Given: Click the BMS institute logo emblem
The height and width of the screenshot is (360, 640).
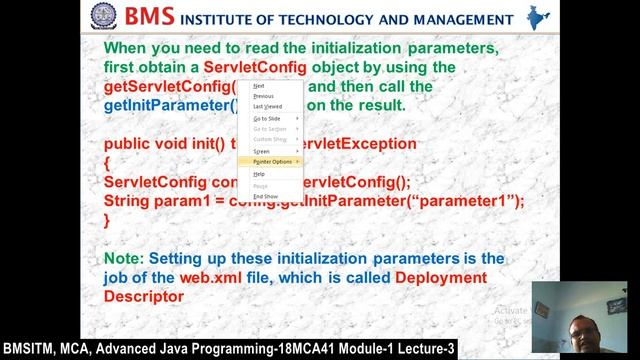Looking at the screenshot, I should click(103, 18).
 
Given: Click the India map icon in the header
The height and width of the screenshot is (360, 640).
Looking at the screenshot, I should click(537, 18).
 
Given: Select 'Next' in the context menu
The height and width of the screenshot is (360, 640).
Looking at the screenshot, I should click(259, 86).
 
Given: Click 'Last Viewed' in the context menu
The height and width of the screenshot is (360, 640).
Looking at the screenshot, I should click(267, 106).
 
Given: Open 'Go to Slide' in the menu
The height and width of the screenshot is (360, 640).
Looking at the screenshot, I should click(267, 118).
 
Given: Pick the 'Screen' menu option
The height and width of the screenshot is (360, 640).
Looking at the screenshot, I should click(261, 151).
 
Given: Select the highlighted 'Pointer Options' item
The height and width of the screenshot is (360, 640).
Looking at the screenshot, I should click(272, 161).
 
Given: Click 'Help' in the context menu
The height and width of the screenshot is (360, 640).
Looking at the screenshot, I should click(259, 174).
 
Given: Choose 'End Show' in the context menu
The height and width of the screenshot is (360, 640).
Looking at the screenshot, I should click(265, 196).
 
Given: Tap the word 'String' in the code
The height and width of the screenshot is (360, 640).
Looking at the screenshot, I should click(129, 201).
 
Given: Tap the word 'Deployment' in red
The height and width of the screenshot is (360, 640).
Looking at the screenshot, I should click(441, 277).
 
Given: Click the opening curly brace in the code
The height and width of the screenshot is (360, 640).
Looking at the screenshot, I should click(107, 162).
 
